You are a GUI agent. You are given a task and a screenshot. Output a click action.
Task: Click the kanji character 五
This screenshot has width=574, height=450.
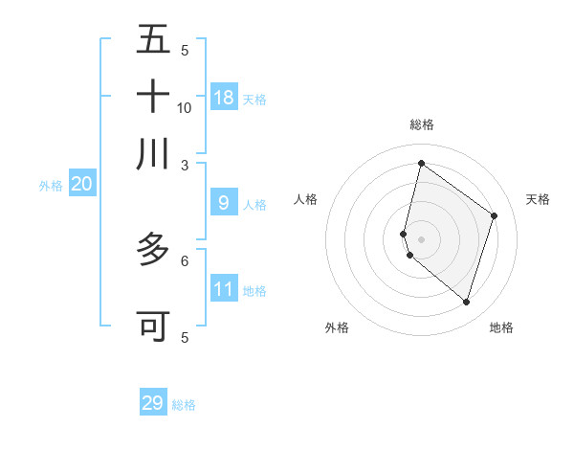(153, 39)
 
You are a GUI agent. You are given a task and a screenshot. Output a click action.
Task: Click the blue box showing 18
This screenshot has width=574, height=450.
(224, 97)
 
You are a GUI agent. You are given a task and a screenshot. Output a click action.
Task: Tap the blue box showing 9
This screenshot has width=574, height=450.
(224, 202)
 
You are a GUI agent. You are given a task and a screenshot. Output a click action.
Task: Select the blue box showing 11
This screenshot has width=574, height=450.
(224, 288)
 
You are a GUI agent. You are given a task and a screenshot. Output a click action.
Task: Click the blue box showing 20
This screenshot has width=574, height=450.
(81, 184)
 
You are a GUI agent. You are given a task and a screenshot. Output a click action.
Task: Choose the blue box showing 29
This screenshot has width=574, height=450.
(153, 402)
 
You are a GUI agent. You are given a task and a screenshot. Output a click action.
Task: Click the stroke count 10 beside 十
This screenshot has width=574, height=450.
(185, 108)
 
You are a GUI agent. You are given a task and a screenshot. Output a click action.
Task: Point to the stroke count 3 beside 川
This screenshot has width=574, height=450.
(185, 165)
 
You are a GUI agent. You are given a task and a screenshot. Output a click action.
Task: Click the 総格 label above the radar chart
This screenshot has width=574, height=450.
(421, 124)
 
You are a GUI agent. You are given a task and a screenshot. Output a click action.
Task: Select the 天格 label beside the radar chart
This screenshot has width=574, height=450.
(538, 199)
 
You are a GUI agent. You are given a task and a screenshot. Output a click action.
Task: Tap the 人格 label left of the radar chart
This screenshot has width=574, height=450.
(305, 199)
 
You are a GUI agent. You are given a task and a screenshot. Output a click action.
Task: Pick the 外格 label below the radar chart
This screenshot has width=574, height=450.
(337, 328)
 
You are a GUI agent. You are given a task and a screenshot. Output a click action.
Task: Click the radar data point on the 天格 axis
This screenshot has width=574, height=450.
(494, 215)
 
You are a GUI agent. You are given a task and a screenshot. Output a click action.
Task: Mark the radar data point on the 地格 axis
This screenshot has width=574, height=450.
(466, 302)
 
